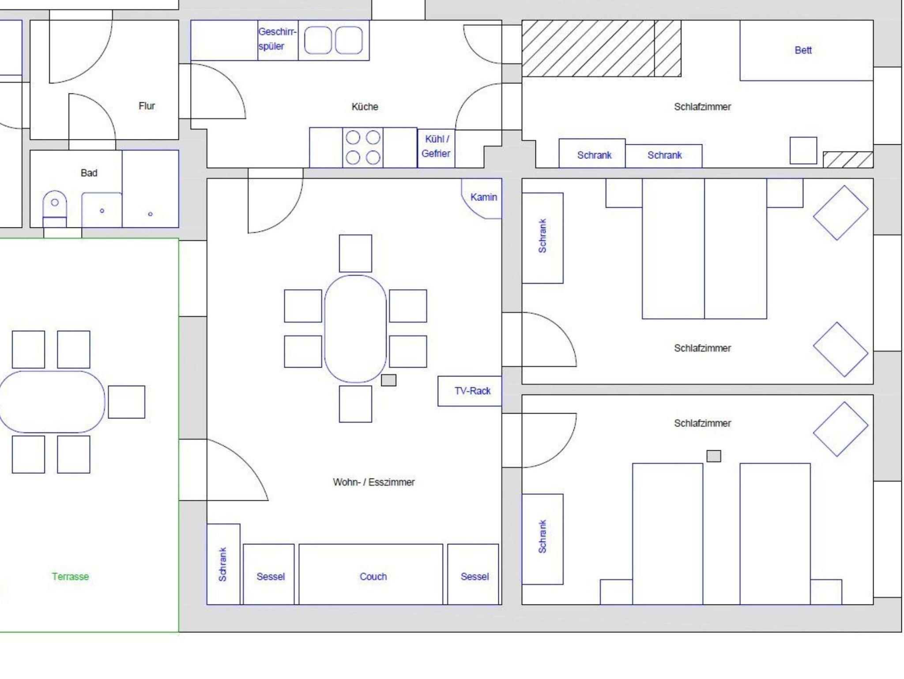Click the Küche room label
(x=365, y=107)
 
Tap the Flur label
(x=147, y=106)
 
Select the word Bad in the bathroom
(x=89, y=173)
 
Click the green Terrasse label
(x=70, y=577)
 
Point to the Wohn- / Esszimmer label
(x=373, y=482)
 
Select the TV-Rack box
(x=470, y=391)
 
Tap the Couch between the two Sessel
(x=371, y=574)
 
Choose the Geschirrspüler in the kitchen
(x=278, y=40)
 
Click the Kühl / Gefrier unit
(x=436, y=148)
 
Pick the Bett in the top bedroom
(x=806, y=50)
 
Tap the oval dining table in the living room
(x=355, y=328)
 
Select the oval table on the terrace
(x=52, y=402)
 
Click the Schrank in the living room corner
(x=223, y=564)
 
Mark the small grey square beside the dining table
(x=388, y=380)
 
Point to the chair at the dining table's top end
(x=355, y=253)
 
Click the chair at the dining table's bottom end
(x=355, y=404)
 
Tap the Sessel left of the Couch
(x=269, y=574)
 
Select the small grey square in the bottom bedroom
(x=714, y=456)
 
